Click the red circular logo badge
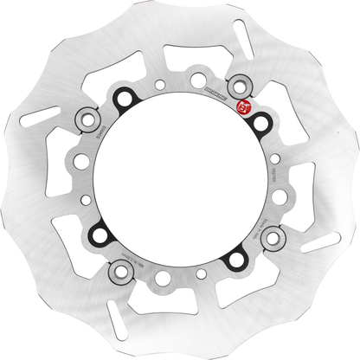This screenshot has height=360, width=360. pyautogui.click(x=243, y=107)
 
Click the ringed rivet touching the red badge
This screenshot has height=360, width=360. pyautogui.click(x=240, y=87)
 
